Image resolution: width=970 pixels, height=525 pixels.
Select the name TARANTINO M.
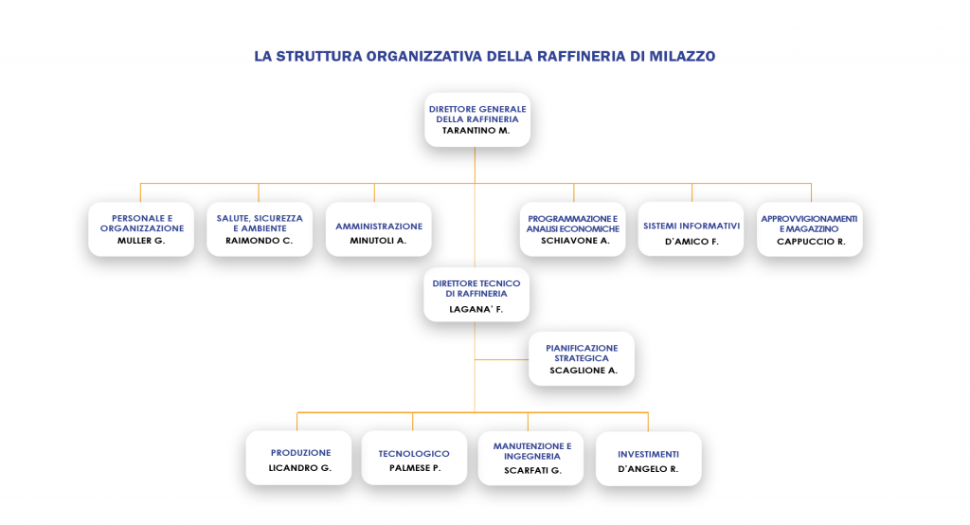[x=476, y=131]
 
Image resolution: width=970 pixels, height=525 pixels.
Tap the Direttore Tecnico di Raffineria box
[x=476, y=295]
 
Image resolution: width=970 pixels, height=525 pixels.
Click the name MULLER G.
[x=141, y=241]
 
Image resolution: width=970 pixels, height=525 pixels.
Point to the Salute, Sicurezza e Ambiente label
[x=260, y=223]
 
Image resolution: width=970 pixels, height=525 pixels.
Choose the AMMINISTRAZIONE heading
[x=379, y=226]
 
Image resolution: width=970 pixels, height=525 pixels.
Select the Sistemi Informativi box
[x=691, y=229]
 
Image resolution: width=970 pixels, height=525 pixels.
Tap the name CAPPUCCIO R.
[x=811, y=242]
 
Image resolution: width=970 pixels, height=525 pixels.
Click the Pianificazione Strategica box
[x=582, y=359]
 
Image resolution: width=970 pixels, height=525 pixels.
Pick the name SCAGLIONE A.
[x=584, y=371]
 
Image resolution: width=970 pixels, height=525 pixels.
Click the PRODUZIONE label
[x=300, y=453]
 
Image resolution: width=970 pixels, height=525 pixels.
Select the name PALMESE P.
[x=415, y=468]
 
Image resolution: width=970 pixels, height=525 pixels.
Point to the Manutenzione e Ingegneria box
[x=530, y=458]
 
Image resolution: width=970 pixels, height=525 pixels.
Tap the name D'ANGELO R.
[x=648, y=469]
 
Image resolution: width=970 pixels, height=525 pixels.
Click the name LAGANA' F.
[x=476, y=310]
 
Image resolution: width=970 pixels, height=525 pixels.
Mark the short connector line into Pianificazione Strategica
[x=502, y=360]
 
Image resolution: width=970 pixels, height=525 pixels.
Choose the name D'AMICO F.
[x=692, y=242]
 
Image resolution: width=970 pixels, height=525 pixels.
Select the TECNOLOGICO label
[x=414, y=454]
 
